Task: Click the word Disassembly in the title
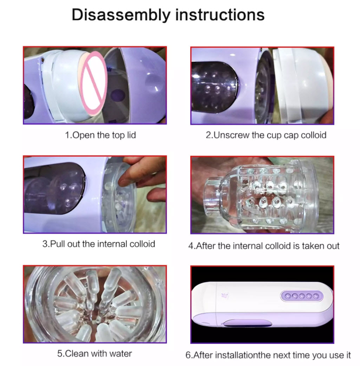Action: [x=121, y=15]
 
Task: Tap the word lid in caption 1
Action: [x=131, y=135]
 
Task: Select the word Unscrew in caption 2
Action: [x=231, y=135]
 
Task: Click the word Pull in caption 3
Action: [x=58, y=244]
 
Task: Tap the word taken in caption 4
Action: [x=313, y=246]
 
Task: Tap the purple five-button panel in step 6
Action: [x=302, y=296]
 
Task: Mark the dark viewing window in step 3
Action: [x=54, y=188]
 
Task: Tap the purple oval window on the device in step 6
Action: [x=248, y=323]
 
